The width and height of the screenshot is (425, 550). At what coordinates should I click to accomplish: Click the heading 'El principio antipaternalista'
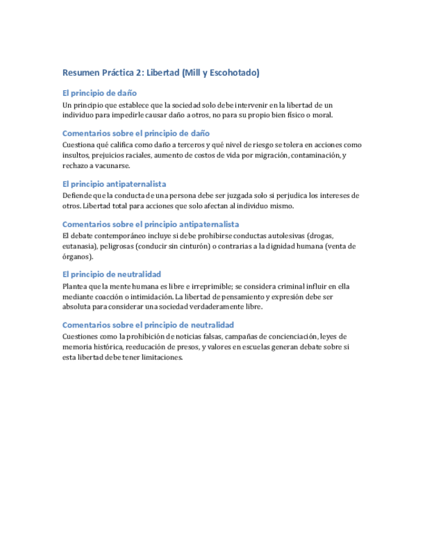point(114,184)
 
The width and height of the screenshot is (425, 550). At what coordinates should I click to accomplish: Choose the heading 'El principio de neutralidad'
point(112,274)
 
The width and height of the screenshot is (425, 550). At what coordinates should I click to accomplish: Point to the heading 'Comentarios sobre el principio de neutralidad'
point(148,325)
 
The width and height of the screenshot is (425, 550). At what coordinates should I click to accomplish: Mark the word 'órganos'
point(77,257)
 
